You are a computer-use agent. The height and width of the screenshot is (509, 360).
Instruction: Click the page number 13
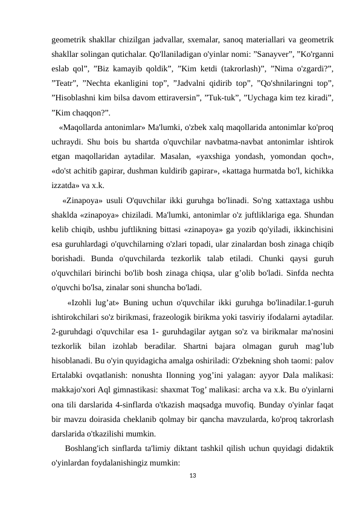193,478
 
